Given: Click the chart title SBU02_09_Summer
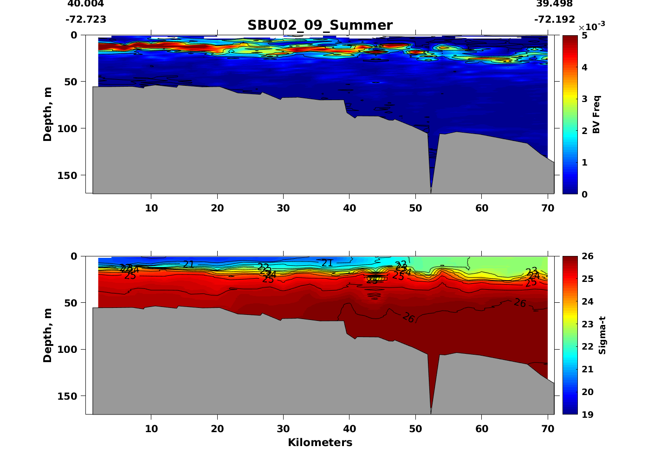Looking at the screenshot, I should tap(320, 25).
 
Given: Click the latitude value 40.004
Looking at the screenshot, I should tap(86, 4).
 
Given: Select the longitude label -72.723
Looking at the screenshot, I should tap(86, 19).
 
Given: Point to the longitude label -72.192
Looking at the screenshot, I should tap(555, 19).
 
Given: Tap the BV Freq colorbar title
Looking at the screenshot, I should tap(596, 115).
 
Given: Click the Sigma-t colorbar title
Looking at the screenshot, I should tap(602, 335).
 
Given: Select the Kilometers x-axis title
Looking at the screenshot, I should tap(320, 442).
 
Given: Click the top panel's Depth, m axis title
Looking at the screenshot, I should tap(47, 114).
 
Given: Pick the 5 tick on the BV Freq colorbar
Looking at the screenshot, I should tap(584, 36).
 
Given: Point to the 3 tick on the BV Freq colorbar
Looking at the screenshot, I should tap(584, 99).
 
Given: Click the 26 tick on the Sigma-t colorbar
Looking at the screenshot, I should tap(587, 256).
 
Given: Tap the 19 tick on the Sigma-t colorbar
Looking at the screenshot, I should tap(587, 414).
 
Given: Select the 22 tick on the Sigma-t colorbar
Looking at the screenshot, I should tap(587, 346).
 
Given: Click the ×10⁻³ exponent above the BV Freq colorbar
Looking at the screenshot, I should tap(592, 26).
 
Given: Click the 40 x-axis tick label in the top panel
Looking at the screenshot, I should tap(349, 208).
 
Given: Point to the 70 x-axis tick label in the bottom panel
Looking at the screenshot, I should tap(548, 428).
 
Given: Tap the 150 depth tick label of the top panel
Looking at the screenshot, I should tap(68, 175).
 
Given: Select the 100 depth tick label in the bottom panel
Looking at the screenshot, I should tap(68, 349).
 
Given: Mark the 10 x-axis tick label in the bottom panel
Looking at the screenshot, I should tap(151, 428).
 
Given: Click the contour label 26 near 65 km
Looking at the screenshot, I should tap(520, 303).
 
